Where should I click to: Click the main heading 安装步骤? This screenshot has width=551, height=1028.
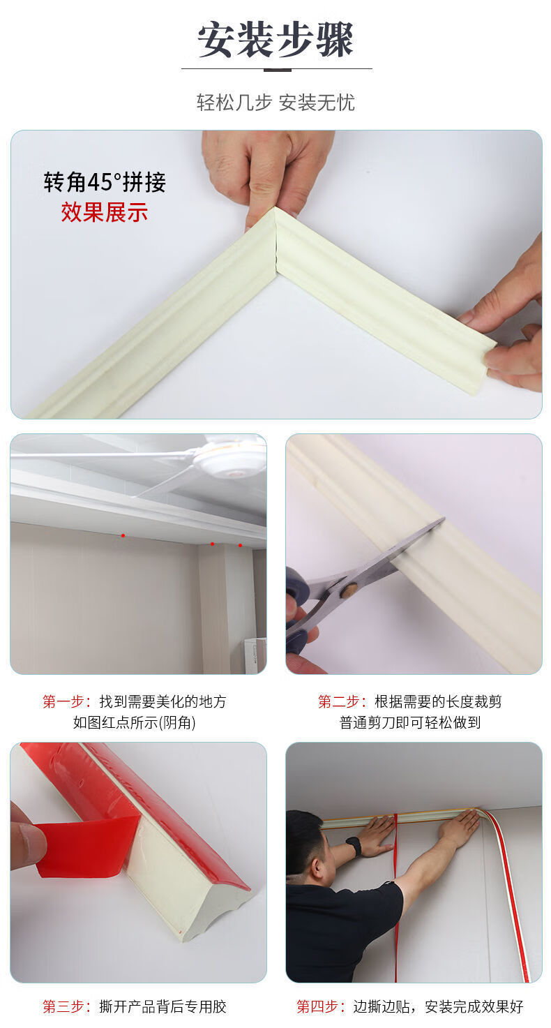(275, 39)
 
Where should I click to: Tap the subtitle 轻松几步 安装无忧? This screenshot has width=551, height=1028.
(275, 103)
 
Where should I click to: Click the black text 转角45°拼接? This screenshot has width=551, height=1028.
(105, 182)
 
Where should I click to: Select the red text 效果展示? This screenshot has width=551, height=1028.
(104, 211)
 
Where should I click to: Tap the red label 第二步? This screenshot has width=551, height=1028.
(342, 701)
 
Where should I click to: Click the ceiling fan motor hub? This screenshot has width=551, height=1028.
(230, 459)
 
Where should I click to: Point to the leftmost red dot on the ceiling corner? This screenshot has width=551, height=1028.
(123, 535)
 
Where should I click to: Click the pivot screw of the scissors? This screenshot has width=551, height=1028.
(348, 590)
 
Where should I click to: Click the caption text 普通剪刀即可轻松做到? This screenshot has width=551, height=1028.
(410, 723)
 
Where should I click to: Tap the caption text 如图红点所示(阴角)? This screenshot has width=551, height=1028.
(135, 723)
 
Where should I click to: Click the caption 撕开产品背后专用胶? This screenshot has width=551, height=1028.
(163, 1006)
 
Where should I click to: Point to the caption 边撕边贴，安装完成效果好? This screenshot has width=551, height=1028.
(438, 1006)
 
